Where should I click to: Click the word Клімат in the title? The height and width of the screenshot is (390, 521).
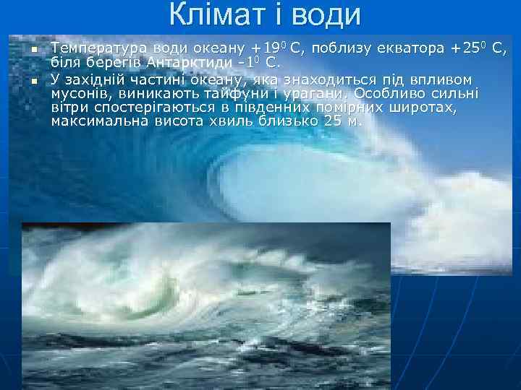210,14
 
